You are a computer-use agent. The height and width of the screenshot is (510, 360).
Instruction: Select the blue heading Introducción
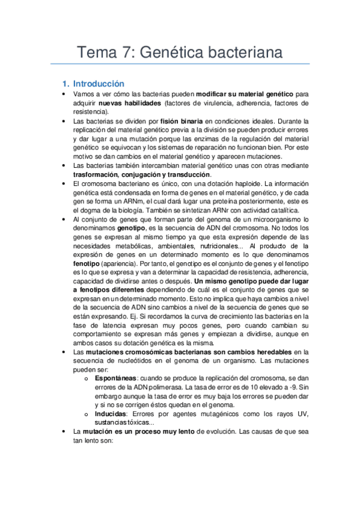click(97, 84)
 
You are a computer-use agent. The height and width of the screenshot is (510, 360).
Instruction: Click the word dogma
click(96, 210)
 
